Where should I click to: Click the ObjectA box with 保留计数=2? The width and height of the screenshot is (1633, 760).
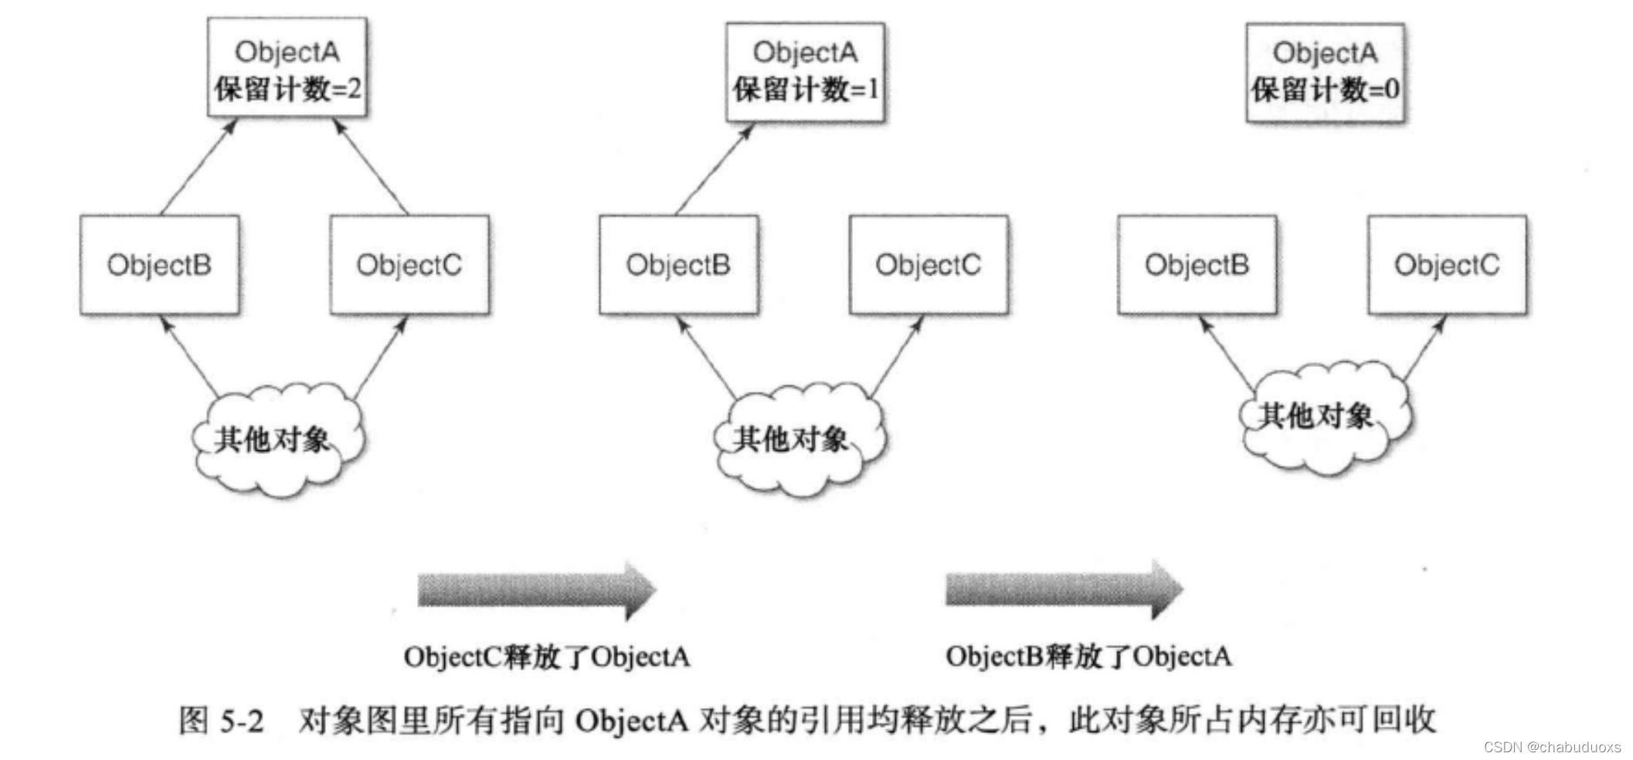(x=287, y=68)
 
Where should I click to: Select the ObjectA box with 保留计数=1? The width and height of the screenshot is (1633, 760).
(x=805, y=72)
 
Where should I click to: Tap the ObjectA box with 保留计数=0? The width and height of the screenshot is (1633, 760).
(x=1325, y=73)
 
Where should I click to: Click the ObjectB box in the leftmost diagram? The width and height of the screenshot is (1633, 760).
(x=159, y=265)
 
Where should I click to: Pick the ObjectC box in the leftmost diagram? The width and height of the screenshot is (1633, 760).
(x=409, y=265)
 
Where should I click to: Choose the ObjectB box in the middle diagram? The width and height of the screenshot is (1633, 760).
(x=678, y=265)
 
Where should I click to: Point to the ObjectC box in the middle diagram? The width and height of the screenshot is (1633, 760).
(x=929, y=265)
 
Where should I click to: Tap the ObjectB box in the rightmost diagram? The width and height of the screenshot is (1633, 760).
(x=1197, y=265)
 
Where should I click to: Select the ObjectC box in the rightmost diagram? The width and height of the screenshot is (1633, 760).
(x=1447, y=265)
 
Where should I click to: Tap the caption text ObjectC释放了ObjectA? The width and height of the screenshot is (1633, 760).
(x=546, y=657)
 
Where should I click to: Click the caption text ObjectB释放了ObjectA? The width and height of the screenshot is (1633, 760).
(x=1088, y=657)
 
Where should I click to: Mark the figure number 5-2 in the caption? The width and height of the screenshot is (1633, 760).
(x=242, y=721)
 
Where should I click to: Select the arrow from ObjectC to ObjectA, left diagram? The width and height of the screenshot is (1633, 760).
(x=371, y=166)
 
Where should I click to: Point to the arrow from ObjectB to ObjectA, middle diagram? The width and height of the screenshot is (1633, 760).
(x=714, y=169)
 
